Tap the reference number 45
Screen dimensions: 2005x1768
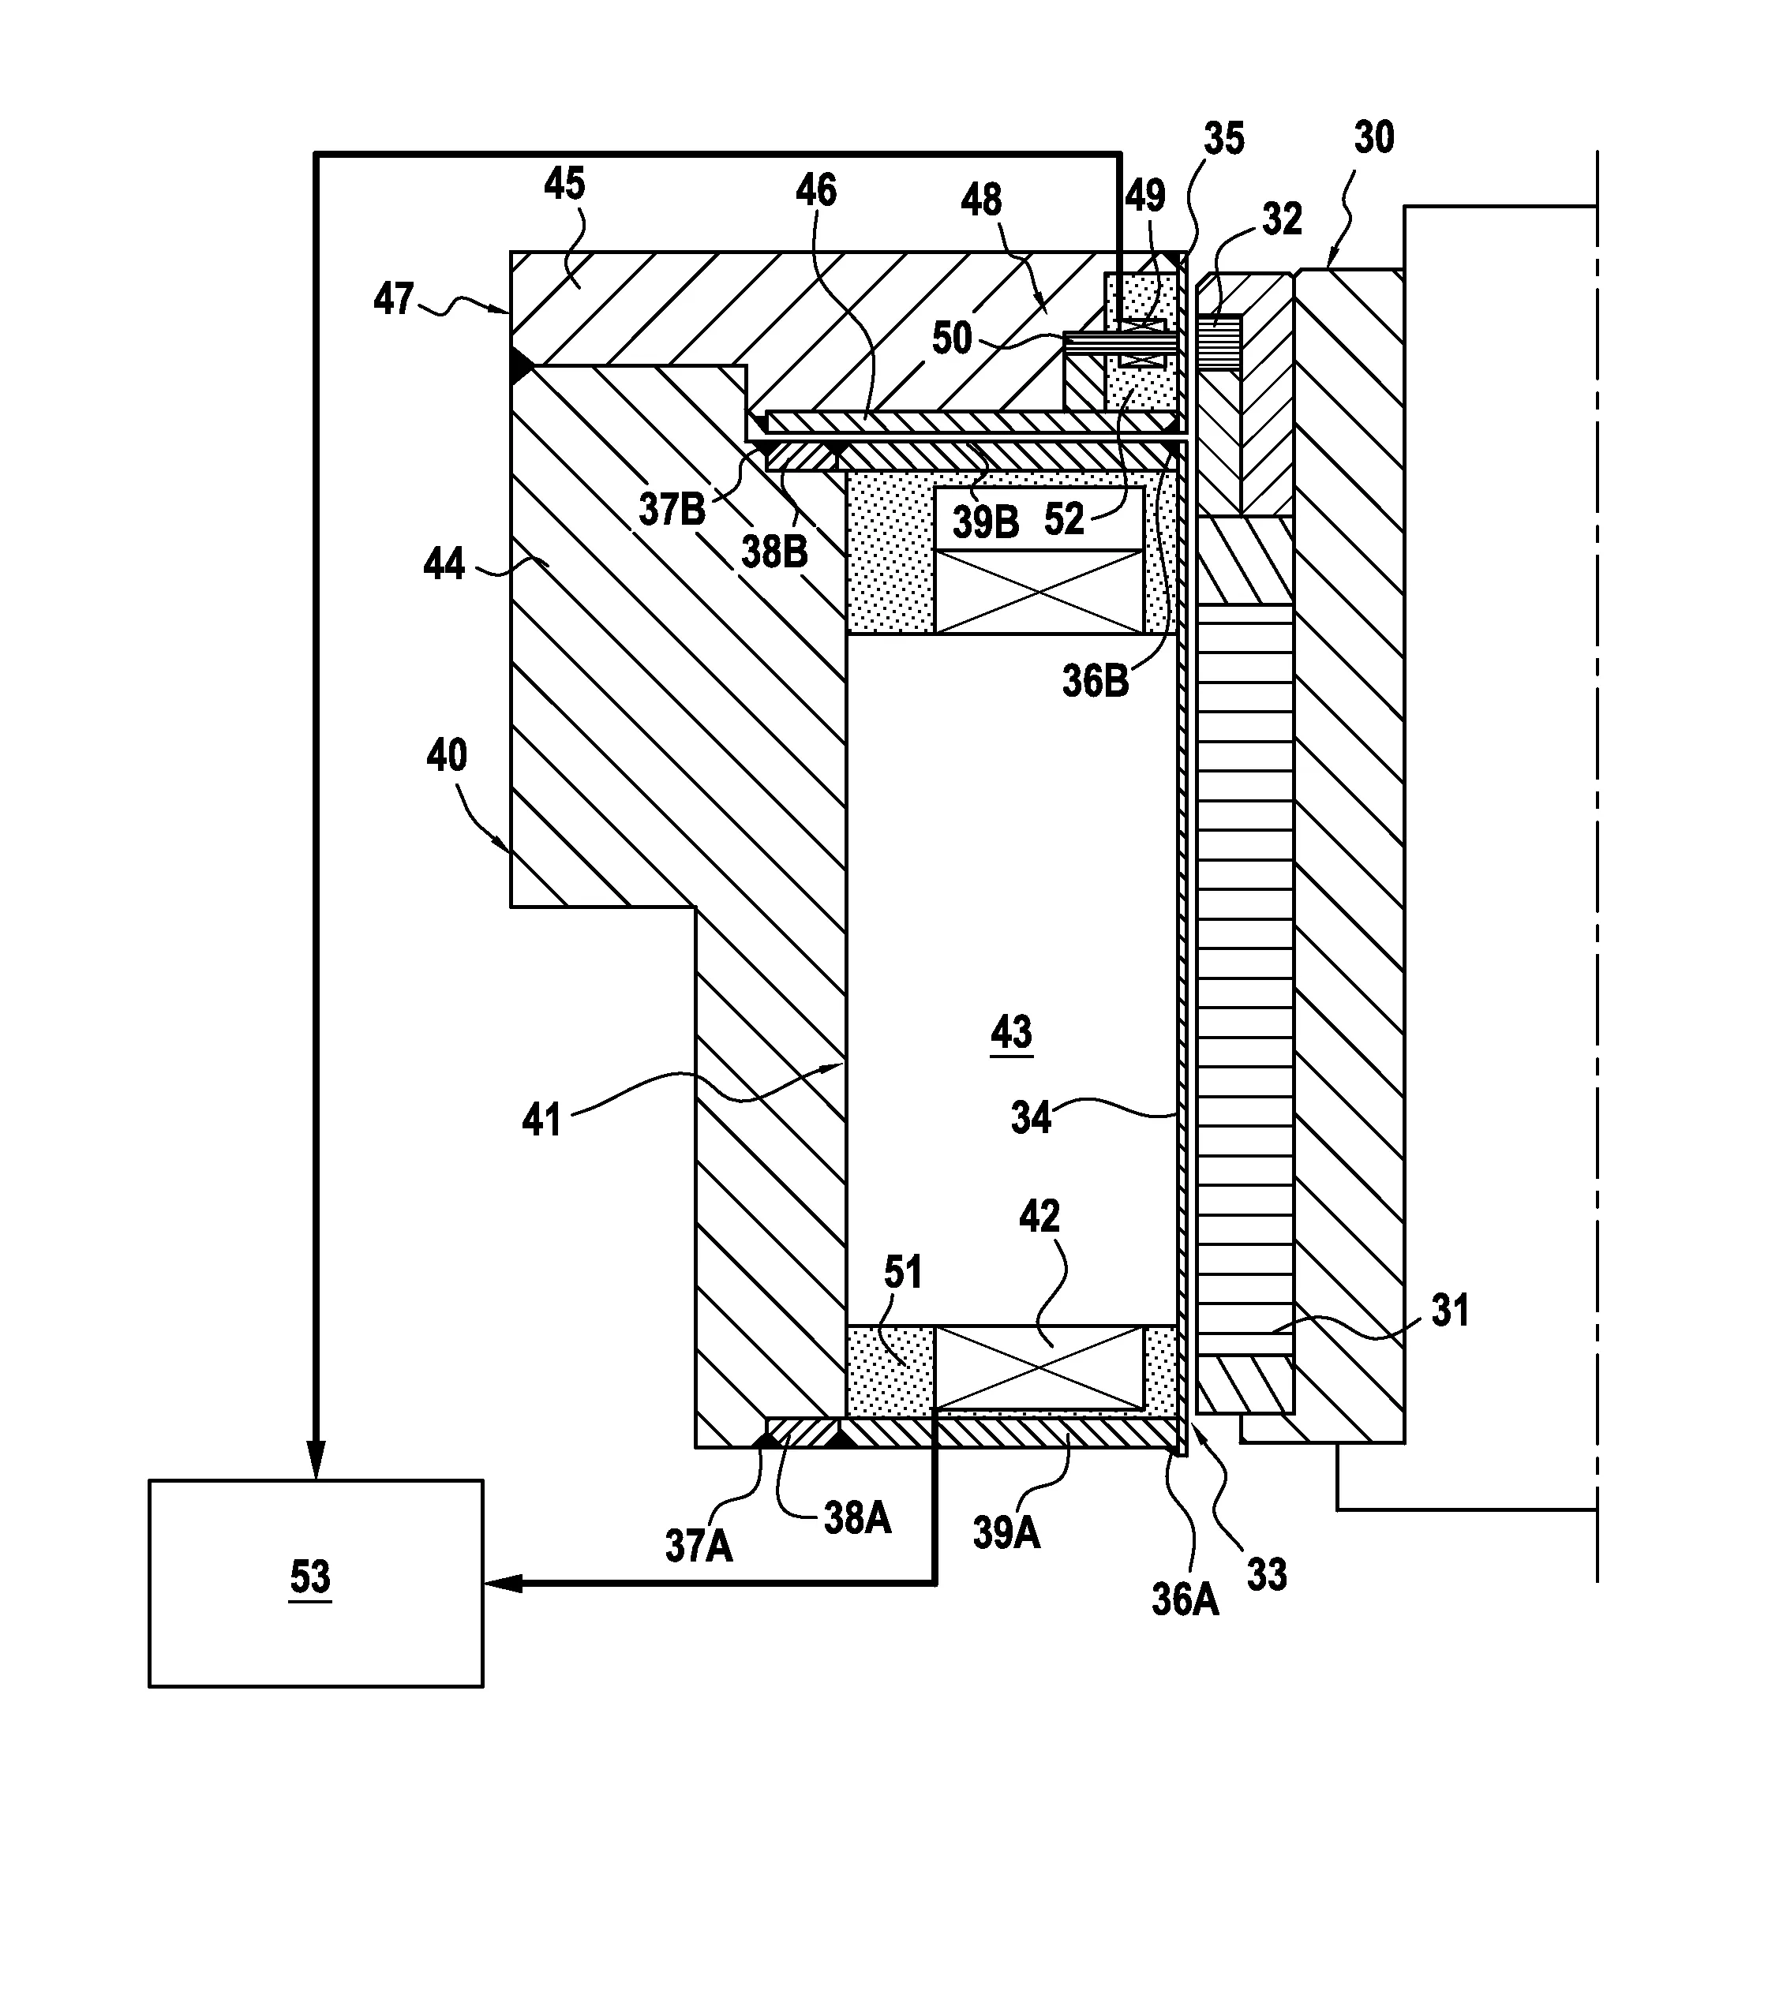point(564,185)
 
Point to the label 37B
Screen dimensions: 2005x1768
point(672,510)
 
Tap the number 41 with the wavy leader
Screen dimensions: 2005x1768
point(541,1119)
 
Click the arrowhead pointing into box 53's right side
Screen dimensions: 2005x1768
point(500,1583)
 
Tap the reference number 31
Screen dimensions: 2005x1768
point(1450,1311)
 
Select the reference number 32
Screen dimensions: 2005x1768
point(1281,219)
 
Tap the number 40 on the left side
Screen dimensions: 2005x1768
point(447,755)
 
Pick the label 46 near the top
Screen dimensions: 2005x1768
point(815,190)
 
